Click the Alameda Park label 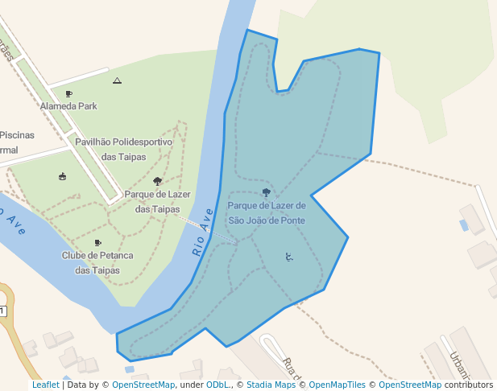(68, 105)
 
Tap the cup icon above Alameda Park (68, 94)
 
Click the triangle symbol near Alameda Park (118, 80)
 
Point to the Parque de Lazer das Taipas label (157, 201)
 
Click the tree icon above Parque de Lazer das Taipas (157, 182)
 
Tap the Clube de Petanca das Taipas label (97, 262)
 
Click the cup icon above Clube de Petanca (97, 242)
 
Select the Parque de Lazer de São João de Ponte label (267, 212)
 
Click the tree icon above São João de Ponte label (267, 193)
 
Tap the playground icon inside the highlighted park (289, 257)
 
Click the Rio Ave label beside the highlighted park (202, 233)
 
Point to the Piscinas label (16, 135)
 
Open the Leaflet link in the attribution (45, 385)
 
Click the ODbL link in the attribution (220, 385)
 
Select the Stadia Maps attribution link (271, 385)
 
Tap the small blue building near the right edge (463, 225)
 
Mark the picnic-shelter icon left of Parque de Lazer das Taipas (63, 176)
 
